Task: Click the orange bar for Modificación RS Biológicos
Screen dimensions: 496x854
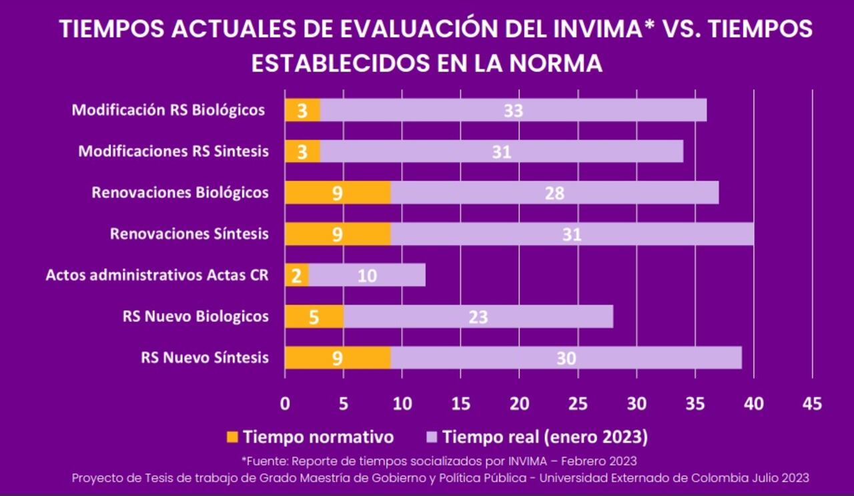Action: pyautogui.click(x=302, y=110)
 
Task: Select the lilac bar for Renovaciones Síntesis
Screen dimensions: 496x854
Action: pyautogui.click(x=572, y=234)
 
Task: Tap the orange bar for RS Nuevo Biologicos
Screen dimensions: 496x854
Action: pyautogui.click(x=314, y=316)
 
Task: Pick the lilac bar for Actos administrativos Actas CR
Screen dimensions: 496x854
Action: pyautogui.click(x=367, y=275)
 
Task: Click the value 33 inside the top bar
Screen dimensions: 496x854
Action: pyautogui.click(x=513, y=111)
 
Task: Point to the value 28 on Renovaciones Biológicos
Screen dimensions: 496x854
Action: pyautogui.click(x=554, y=194)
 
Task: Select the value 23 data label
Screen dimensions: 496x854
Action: pyautogui.click(x=478, y=317)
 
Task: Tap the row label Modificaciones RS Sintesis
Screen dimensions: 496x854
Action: pyautogui.click(x=173, y=152)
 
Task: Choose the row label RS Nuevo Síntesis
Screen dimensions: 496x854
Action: pyautogui.click(x=205, y=358)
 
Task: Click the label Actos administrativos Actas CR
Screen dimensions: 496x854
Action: pyautogui.click(x=157, y=275)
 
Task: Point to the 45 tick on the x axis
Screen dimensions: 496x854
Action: pyautogui.click(x=812, y=403)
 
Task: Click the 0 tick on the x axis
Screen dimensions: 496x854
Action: pyautogui.click(x=285, y=403)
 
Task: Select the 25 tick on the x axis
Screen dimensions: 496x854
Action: pyautogui.click(x=578, y=403)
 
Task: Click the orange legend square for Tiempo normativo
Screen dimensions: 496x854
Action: pyautogui.click(x=232, y=437)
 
